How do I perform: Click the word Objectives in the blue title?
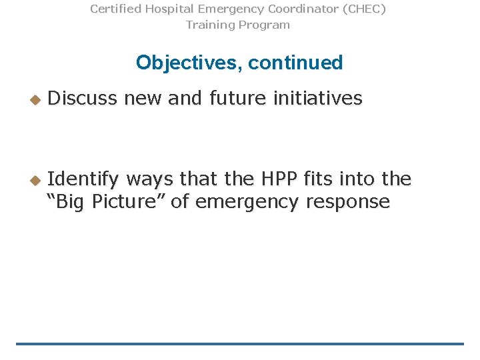189,63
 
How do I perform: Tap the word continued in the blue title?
295,63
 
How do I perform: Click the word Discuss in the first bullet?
83,99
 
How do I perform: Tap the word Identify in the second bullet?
84,179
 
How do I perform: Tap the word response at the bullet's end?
347,202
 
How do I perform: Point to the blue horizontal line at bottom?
240,344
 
